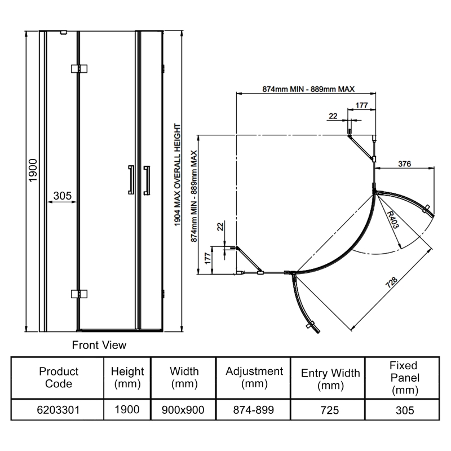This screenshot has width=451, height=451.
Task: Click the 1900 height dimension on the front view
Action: pos(33,170)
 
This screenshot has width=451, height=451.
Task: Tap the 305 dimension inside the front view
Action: pos(61,196)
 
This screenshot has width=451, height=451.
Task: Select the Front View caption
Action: pos(99,344)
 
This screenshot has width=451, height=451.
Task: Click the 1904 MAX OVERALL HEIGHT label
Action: pos(178,175)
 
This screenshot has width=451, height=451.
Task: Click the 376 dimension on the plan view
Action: pos(404,163)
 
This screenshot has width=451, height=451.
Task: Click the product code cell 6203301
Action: pos(59,410)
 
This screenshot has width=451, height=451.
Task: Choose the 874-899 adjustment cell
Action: pos(254,410)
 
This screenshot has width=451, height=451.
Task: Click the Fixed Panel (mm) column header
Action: pos(403,378)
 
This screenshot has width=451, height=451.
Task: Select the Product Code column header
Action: pos(59,378)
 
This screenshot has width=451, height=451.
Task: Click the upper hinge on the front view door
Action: pos(80,69)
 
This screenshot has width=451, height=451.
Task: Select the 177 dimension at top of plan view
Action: pos(362,105)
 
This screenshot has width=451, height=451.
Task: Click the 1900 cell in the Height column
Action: pos(127,410)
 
